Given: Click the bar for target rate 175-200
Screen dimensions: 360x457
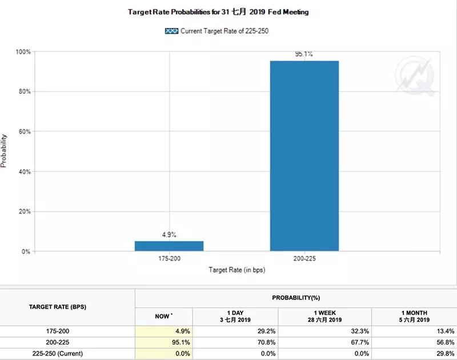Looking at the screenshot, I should [169, 246].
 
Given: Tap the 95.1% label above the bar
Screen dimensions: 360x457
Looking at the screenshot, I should [304, 54].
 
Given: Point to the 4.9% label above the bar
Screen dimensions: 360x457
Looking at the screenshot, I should [169, 234].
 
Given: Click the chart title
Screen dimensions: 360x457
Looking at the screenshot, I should [218, 12].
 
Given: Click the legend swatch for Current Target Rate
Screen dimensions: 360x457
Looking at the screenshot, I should [171, 31].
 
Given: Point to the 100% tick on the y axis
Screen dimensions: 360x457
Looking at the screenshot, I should [23, 52].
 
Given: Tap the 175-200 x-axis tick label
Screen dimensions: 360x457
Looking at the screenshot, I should [169, 259].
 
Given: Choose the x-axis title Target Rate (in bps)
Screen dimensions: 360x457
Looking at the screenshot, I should [236, 269].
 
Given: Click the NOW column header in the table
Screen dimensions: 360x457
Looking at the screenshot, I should [163, 316].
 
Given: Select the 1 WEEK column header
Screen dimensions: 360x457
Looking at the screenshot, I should [324, 316].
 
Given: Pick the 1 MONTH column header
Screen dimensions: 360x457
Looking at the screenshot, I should [414, 316].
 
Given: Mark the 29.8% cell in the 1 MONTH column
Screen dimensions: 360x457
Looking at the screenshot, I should [443, 353].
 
